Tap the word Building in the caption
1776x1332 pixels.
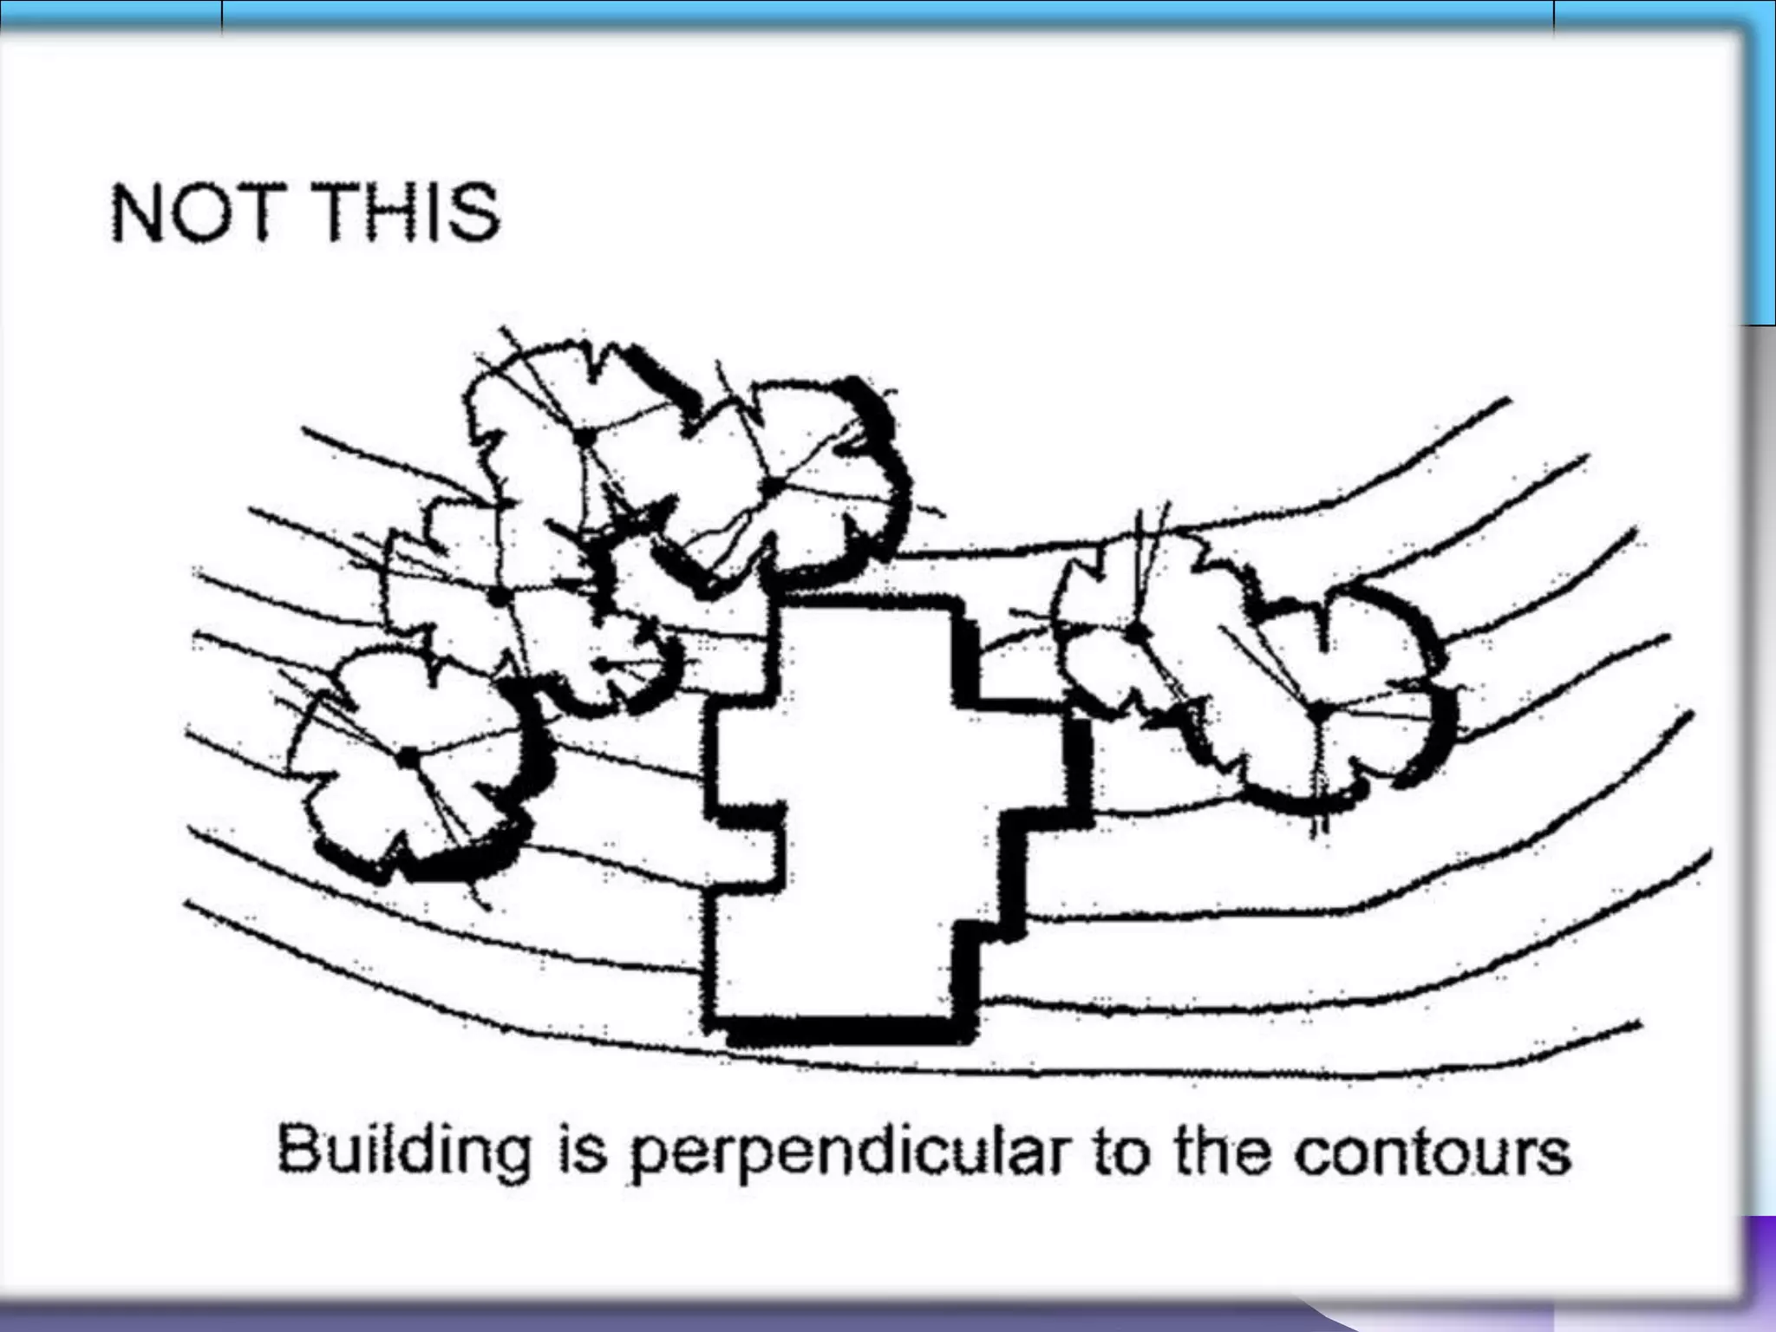tap(403, 1151)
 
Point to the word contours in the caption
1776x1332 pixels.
tap(1432, 1152)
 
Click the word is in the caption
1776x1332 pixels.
tap(578, 1150)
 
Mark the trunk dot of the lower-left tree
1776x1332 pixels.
tap(405, 757)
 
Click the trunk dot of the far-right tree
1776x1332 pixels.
tap(1317, 711)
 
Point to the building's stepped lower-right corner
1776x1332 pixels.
tap(989, 932)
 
